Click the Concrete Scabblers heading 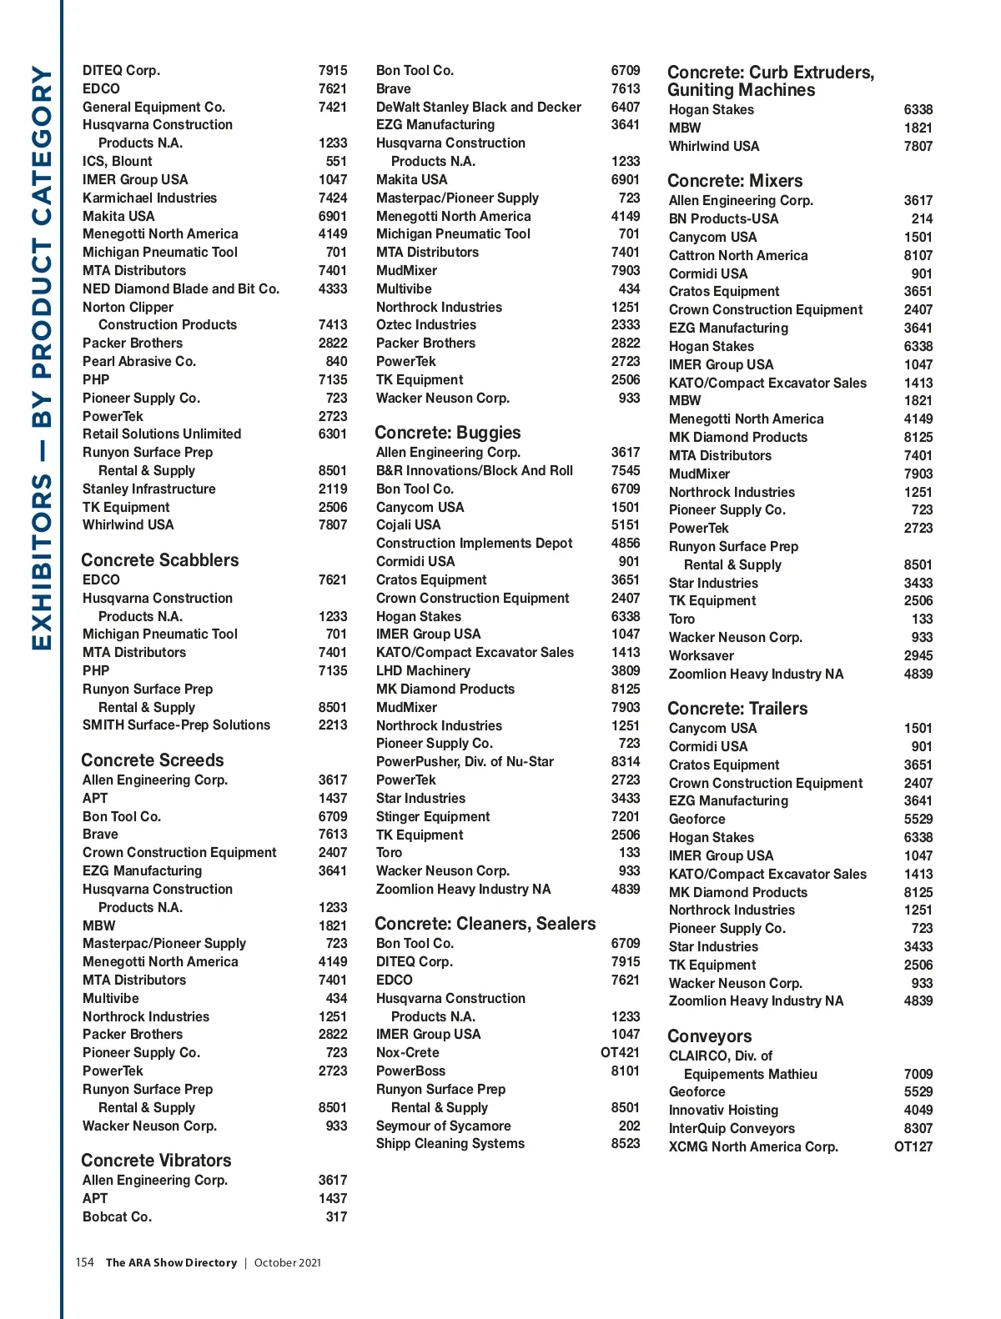click(159, 560)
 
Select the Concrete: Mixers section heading click(734, 181)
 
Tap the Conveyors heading click(709, 1036)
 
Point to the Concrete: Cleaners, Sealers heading click(485, 924)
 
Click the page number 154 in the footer click(84, 1262)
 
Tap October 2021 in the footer click(287, 1262)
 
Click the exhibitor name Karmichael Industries click(149, 198)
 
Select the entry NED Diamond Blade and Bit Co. click(180, 288)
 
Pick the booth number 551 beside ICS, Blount click(336, 161)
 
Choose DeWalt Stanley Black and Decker click(478, 107)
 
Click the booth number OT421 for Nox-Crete click(620, 1052)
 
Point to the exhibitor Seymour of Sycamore click(443, 1126)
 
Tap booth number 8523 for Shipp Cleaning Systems click(625, 1143)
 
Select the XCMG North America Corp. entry click(752, 1146)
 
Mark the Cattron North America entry click(737, 255)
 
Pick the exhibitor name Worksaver click(701, 655)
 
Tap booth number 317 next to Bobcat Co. click(336, 1216)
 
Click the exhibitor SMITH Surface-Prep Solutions click(176, 725)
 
